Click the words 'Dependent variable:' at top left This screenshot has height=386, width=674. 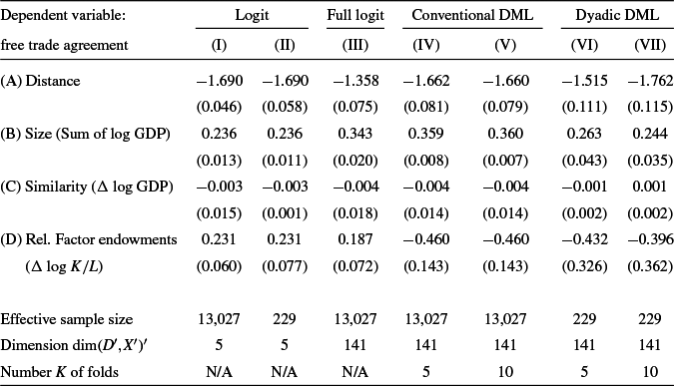coord(63,17)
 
